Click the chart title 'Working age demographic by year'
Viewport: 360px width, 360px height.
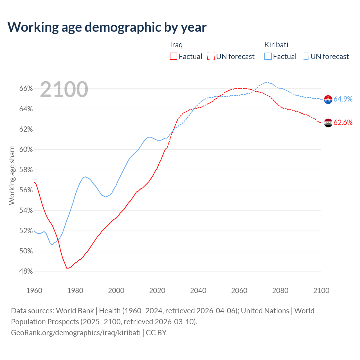[x=107, y=27]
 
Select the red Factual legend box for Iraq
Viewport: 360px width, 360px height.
[x=174, y=57]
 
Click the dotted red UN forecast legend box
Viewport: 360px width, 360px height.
[x=211, y=57]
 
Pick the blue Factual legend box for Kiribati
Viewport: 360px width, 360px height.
[x=268, y=57]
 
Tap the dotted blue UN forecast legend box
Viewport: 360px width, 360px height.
[x=305, y=57]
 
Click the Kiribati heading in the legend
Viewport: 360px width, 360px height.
[x=276, y=45]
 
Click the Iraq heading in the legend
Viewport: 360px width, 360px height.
[x=176, y=45]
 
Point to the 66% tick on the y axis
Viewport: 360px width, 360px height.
[x=26, y=89]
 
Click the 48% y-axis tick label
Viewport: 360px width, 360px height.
[x=26, y=271]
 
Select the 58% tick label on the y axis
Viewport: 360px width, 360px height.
[x=26, y=170]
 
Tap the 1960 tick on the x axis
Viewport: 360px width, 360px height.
[x=34, y=291]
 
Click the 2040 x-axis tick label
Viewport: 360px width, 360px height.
[x=198, y=291]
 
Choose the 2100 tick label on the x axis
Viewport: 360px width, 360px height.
[x=321, y=291]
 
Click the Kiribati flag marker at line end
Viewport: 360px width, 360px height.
[x=328, y=100]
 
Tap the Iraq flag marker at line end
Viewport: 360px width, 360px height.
[x=328, y=123]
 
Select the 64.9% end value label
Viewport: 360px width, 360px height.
[x=343, y=99]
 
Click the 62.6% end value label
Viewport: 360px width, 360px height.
[x=343, y=122]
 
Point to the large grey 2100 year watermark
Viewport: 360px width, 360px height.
[x=64, y=89]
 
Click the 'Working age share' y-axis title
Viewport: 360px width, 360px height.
[x=12, y=175]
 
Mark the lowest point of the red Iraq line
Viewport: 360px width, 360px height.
[x=67, y=268]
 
